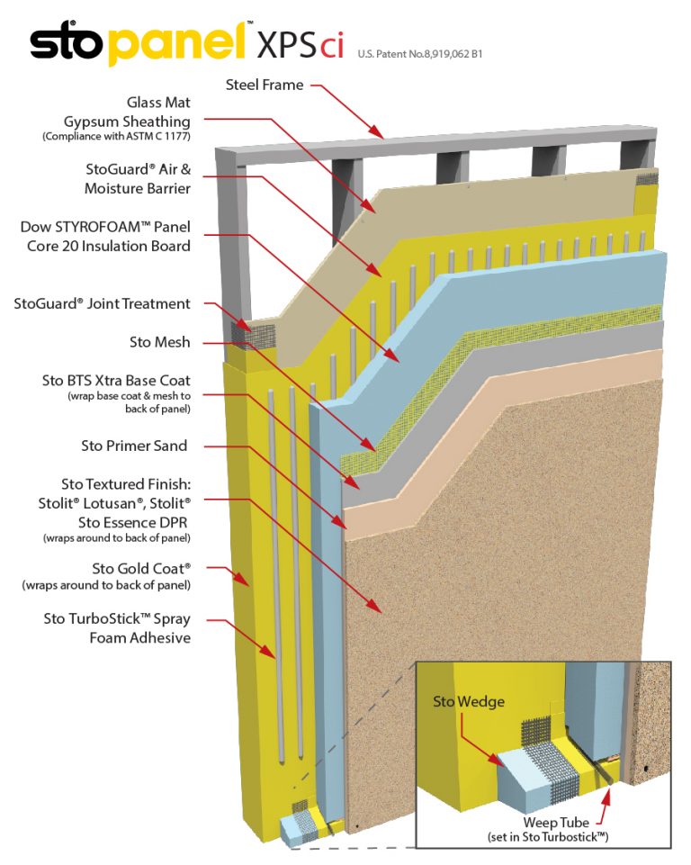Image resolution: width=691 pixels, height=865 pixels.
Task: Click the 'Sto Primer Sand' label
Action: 134,445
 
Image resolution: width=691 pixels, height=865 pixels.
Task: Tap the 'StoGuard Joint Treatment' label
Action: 102,303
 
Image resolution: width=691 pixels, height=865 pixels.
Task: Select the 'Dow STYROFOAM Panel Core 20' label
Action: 105,236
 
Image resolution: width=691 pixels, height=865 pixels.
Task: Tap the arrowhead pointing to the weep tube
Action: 614,789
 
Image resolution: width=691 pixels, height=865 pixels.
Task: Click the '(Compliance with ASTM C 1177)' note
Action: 116,136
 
